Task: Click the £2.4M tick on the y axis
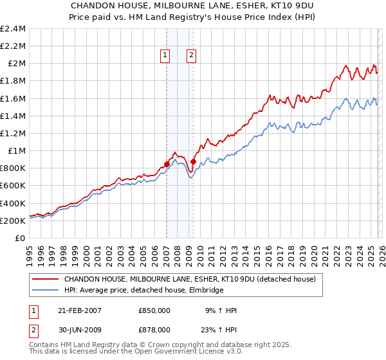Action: point(13,29)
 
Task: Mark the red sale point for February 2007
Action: point(167,164)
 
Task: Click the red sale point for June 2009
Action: point(194,161)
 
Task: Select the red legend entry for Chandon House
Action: point(189,280)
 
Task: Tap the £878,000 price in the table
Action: point(154,329)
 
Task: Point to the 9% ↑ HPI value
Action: point(220,310)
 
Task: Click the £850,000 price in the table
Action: point(154,310)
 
